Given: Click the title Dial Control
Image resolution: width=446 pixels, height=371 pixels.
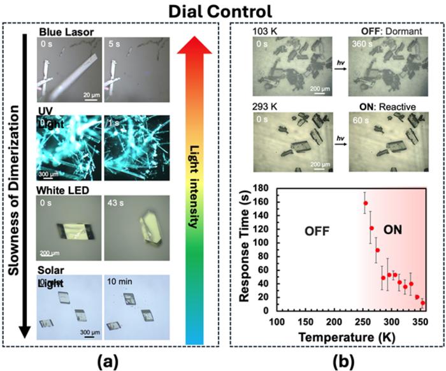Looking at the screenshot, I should click(x=222, y=11).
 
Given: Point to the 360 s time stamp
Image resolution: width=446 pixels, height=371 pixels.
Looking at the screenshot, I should click(x=361, y=45).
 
